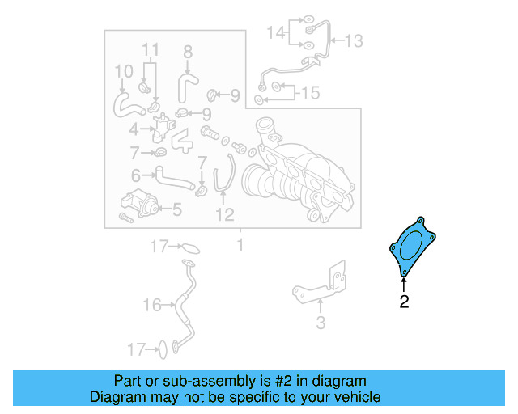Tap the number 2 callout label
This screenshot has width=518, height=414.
pyautogui.click(x=404, y=302)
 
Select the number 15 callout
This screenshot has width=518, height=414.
pyautogui.click(x=310, y=93)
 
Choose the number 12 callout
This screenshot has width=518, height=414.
pyautogui.click(x=224, y=214)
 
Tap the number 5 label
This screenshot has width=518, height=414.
pyautogui.click(x=176, y=210)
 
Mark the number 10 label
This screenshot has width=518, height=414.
pyautogui.click(x=122, y=72)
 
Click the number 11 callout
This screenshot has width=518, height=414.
pyautogui.click(x=151, y=50)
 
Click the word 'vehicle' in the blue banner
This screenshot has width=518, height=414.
pyautogui.click(x=356, y=397)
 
